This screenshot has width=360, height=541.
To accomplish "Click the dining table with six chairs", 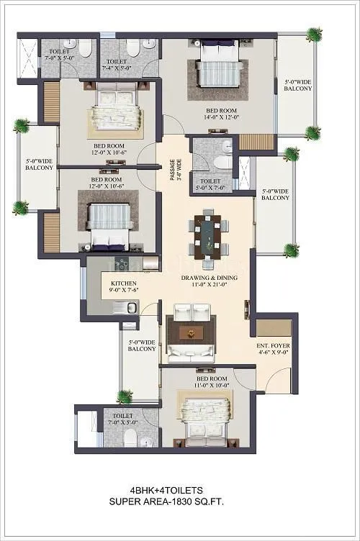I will point(207,234).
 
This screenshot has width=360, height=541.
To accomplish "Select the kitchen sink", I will point(130,308).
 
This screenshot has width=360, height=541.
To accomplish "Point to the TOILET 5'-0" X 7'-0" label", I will point(210,186).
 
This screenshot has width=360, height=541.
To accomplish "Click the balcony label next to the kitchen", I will point(142,345).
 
